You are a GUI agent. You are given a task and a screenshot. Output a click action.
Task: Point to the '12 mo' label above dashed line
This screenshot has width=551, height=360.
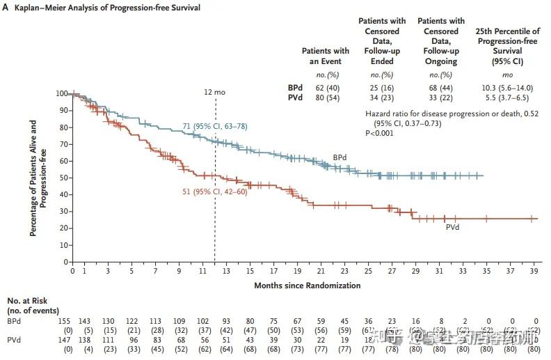[x=214, y=91]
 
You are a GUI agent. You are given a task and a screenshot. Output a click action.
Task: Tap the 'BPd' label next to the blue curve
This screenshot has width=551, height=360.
[x=340, y=157]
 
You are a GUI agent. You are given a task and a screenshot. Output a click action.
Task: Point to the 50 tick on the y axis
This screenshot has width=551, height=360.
[x=63, y=178]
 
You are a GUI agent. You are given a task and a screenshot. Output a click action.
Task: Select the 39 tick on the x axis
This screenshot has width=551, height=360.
[x=534, y=271]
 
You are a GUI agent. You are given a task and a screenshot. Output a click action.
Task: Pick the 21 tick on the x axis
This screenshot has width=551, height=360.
[x=321, y=271]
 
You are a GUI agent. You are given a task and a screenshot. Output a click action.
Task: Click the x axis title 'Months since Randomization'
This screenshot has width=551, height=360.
[x=308, y=285]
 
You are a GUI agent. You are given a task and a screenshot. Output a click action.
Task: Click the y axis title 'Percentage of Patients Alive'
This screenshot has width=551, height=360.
[x=34, y=178]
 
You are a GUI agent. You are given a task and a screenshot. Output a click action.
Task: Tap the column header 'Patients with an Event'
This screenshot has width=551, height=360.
[x=325, y=56]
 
